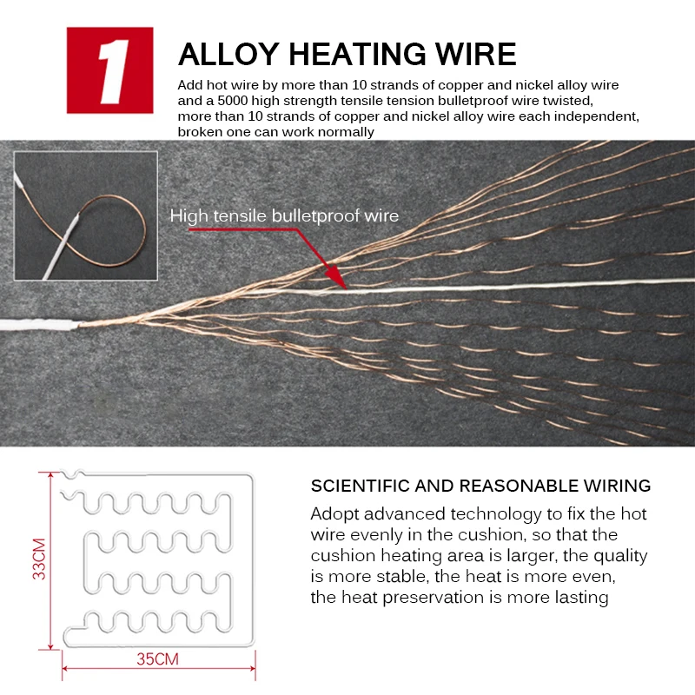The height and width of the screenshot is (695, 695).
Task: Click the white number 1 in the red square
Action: pyautogui.click(x=113, y=71)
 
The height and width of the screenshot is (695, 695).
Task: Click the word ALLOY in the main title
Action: pyautogui.click(x=228, y=54)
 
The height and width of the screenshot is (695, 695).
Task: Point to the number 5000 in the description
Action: pyautogui.click(x=233, y=101)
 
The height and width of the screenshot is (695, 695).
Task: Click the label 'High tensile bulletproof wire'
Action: pyautogui.click(x=284, y=215)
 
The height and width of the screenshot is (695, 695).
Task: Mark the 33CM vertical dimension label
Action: pyautogui.click(x=39, y=559)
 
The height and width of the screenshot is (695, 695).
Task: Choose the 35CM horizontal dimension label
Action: pyautogui.click(x=158, y=659)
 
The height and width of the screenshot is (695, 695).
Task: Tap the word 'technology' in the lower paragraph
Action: pyautogui.click(x=496, y=514)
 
